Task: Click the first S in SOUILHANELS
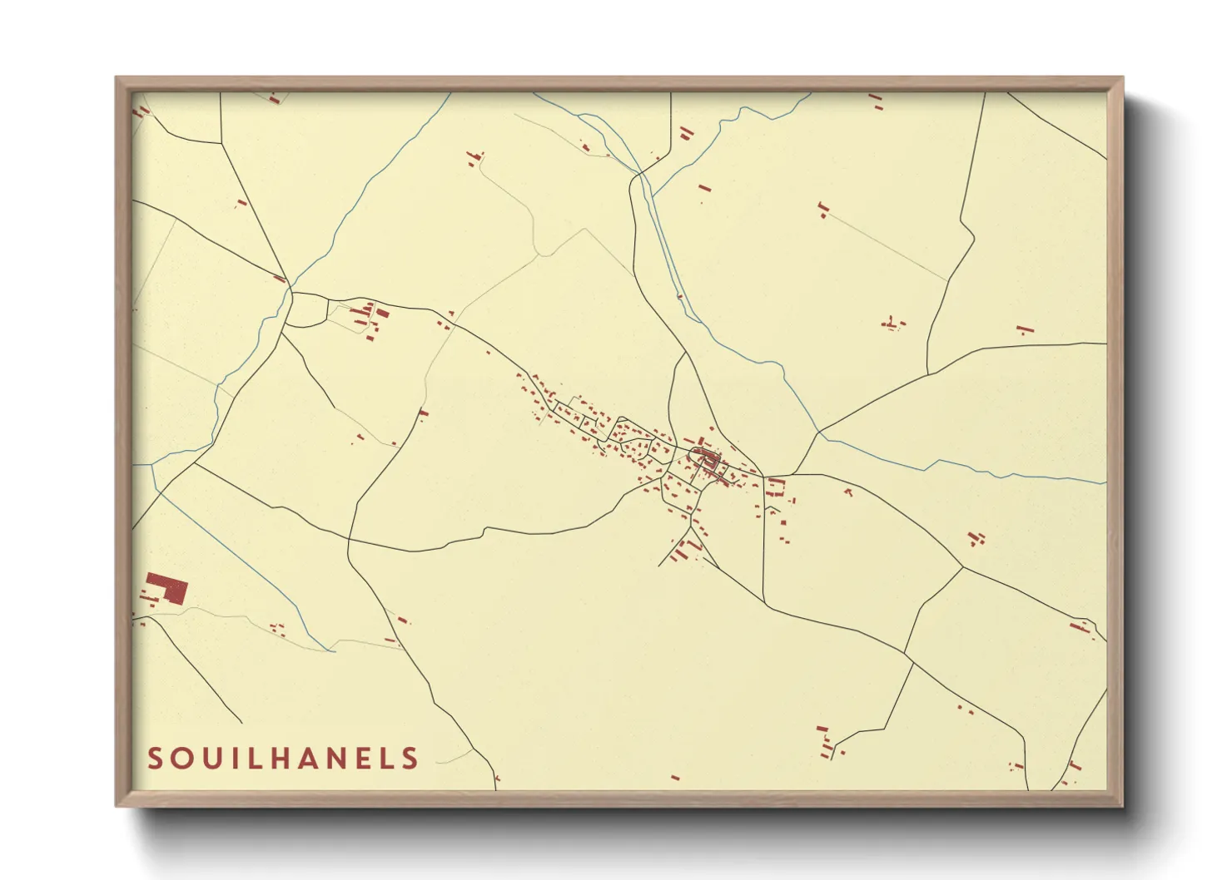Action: pos(155,759)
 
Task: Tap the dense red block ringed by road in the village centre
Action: pos(708,457)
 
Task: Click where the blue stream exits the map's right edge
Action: pos(1104,482)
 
